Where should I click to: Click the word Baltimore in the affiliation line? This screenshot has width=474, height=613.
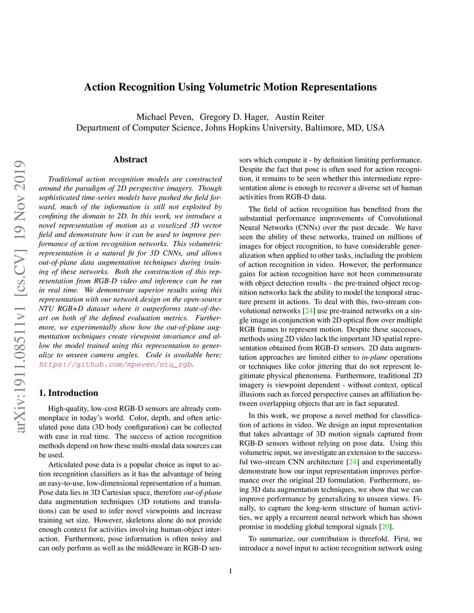point(324,128)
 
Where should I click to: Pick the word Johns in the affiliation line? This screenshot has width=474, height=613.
point(216,128)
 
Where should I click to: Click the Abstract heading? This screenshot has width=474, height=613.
point(130,160)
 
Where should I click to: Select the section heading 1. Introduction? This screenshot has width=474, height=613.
point(69,393)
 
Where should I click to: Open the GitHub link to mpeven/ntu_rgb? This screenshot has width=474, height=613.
point(115,365)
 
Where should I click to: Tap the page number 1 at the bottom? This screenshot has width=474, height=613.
point(231,571)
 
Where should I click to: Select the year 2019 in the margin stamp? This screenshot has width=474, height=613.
point(20,178)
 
